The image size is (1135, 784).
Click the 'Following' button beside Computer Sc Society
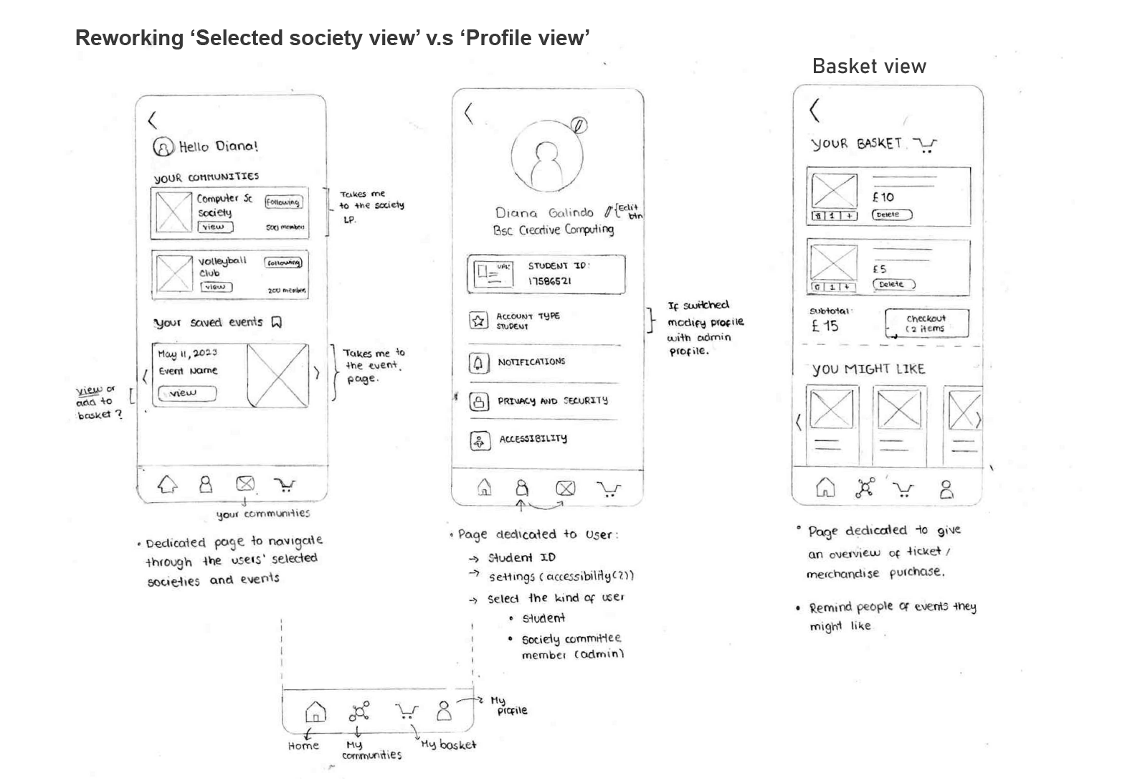[283, 202]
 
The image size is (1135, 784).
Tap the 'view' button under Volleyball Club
[216, 287]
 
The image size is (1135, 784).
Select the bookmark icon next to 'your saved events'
[277, 322]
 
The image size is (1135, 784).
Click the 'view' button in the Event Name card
[186, 393]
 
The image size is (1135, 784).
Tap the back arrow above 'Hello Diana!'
[152, 119]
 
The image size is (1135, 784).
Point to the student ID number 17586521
[550, 281]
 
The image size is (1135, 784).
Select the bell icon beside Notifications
[478, 363]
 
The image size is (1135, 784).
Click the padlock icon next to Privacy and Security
[478, 402]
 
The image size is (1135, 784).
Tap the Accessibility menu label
[533, 438]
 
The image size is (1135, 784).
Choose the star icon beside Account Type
[478, 321]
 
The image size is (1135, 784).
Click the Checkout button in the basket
[926, 323]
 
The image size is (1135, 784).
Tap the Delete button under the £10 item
[891, 214]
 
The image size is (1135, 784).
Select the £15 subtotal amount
[825, 326]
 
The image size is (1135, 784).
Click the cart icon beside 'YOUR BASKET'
[926, 146]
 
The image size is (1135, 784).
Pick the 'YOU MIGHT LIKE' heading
[868, 369]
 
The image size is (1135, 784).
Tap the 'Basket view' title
[869, 67]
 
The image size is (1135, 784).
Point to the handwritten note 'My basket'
[448, 745]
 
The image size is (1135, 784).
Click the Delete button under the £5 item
[893, 284]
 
